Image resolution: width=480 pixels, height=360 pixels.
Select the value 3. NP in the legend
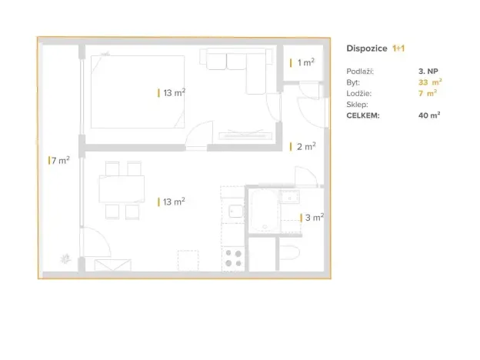[x=428, y=71]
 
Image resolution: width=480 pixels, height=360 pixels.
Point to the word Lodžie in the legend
[x=358, y=93]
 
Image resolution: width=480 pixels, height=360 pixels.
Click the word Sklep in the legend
[x=357, y=105]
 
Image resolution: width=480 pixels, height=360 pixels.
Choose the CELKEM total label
[x=362, y=116]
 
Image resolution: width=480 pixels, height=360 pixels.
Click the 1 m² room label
[x=305, y=63]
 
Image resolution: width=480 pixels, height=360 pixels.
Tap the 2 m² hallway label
[x=305, y=146]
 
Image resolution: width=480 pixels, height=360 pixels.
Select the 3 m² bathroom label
[x=313, y=218]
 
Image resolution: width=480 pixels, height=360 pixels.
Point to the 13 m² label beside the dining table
[x=173, y=202]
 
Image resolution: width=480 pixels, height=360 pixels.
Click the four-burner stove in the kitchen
[x=232, y=258]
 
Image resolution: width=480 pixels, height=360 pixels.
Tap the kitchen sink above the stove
[x=234, y=210]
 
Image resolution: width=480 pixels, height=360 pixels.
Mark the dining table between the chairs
[x=122, y=189]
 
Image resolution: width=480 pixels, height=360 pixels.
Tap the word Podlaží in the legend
[x=360, y=71]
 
